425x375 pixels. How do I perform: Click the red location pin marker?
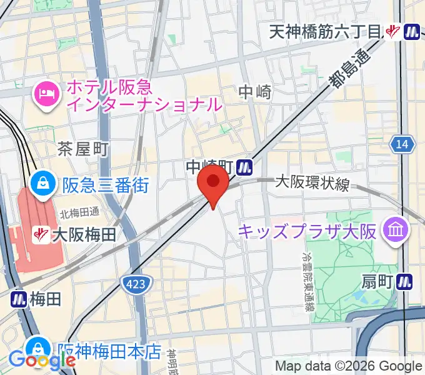[x=212, y=182]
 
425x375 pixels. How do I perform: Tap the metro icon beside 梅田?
[x=18, y=299]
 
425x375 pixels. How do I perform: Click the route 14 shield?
[x=403, y=145]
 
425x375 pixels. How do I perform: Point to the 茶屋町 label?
[x=83, y=149]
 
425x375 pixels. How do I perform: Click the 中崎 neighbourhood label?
[x=255, y=92]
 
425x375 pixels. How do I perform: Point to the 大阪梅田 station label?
[x=84, y=235]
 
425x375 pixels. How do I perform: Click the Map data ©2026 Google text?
[x=349, y=366]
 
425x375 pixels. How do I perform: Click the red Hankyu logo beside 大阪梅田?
[x=41, y=235]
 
